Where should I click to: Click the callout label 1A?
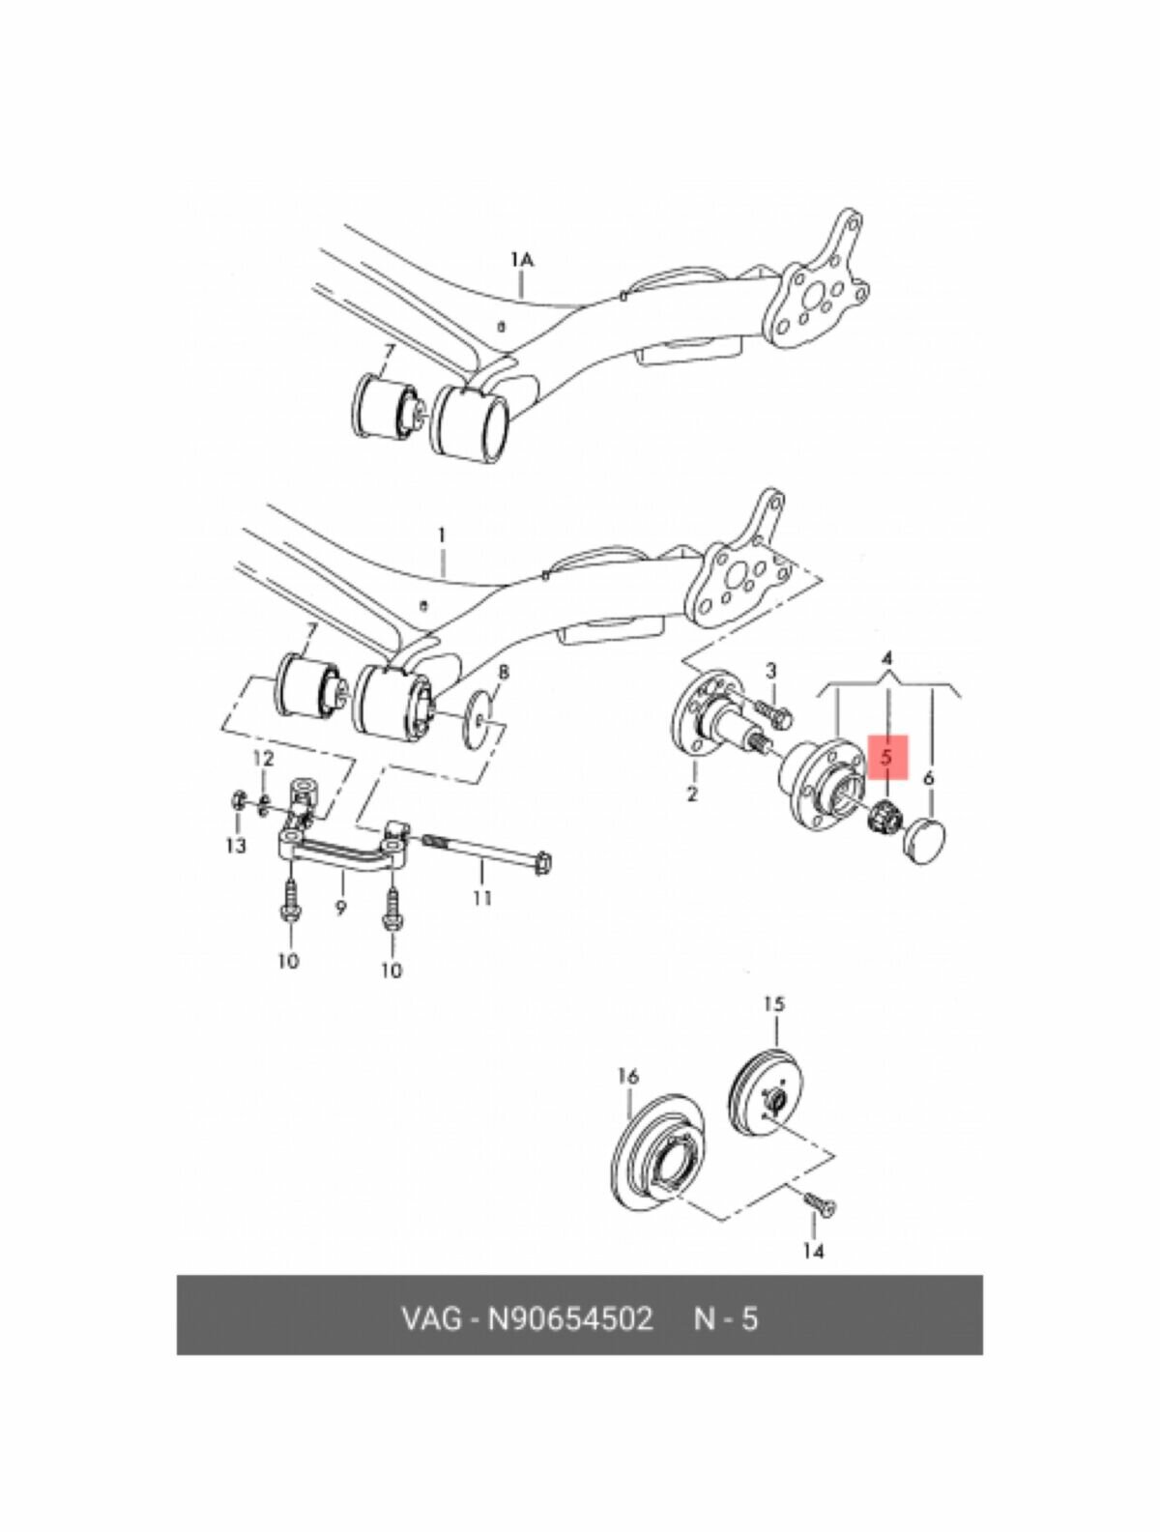click(521, 259)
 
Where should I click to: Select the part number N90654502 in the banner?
click(569, 1318)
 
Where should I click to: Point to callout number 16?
click(627, 1076)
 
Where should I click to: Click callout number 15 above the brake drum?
click(773, 1004)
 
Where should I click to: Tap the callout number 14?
click(813, 1252)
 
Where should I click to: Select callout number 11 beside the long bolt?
click(481, 898)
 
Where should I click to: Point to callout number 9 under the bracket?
click(341, 908)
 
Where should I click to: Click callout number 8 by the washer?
click(504, 673)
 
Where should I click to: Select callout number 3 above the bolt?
click(771, 670)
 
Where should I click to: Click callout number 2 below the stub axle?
click(692, 795)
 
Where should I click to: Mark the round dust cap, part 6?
click(926, 838)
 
